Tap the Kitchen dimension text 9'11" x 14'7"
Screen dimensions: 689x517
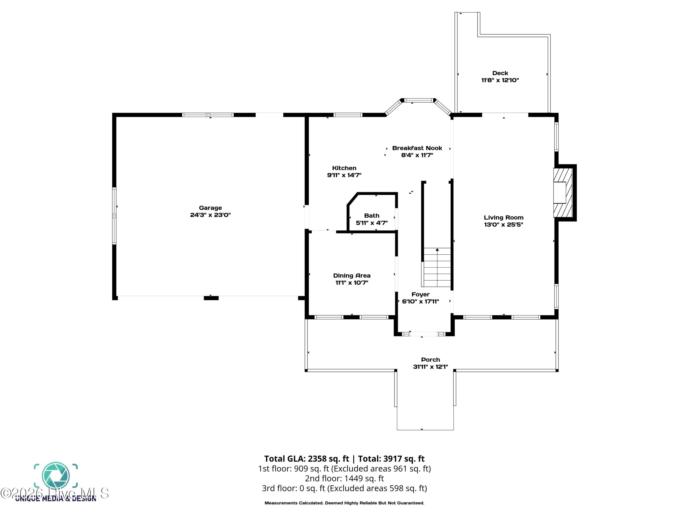(344, 175)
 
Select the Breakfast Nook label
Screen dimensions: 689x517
(417, 148)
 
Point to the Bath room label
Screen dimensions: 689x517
(372, 216)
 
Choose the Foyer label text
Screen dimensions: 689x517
(421, 295)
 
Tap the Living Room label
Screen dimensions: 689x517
(504, 218)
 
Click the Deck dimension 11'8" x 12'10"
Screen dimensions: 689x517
(500, 80)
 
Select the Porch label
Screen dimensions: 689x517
(430, 360)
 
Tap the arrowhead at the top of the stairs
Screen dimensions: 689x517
(437, 250)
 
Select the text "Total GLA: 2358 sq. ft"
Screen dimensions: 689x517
(307, 459)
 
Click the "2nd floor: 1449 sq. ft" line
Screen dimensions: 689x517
(344, 478)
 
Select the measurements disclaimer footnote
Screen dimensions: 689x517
(344, 503)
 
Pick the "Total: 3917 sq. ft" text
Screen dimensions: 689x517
(391, 459)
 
